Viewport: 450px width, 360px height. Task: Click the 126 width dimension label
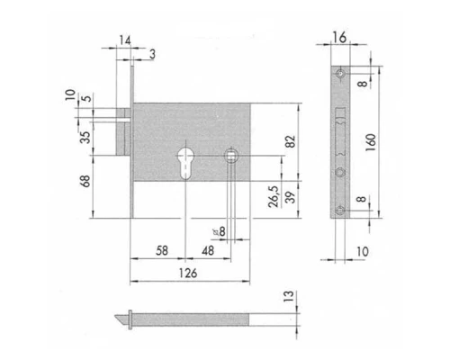188,273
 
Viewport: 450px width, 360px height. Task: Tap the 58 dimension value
162,250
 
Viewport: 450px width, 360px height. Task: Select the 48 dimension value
208,250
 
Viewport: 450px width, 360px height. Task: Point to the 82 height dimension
291,141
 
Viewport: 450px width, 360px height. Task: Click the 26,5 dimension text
274,196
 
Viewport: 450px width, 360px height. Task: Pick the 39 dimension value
290,197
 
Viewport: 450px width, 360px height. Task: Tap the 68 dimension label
85,181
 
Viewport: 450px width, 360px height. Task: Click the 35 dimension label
85,137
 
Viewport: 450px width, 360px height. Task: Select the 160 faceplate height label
371,142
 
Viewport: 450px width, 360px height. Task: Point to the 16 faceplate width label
339,38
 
